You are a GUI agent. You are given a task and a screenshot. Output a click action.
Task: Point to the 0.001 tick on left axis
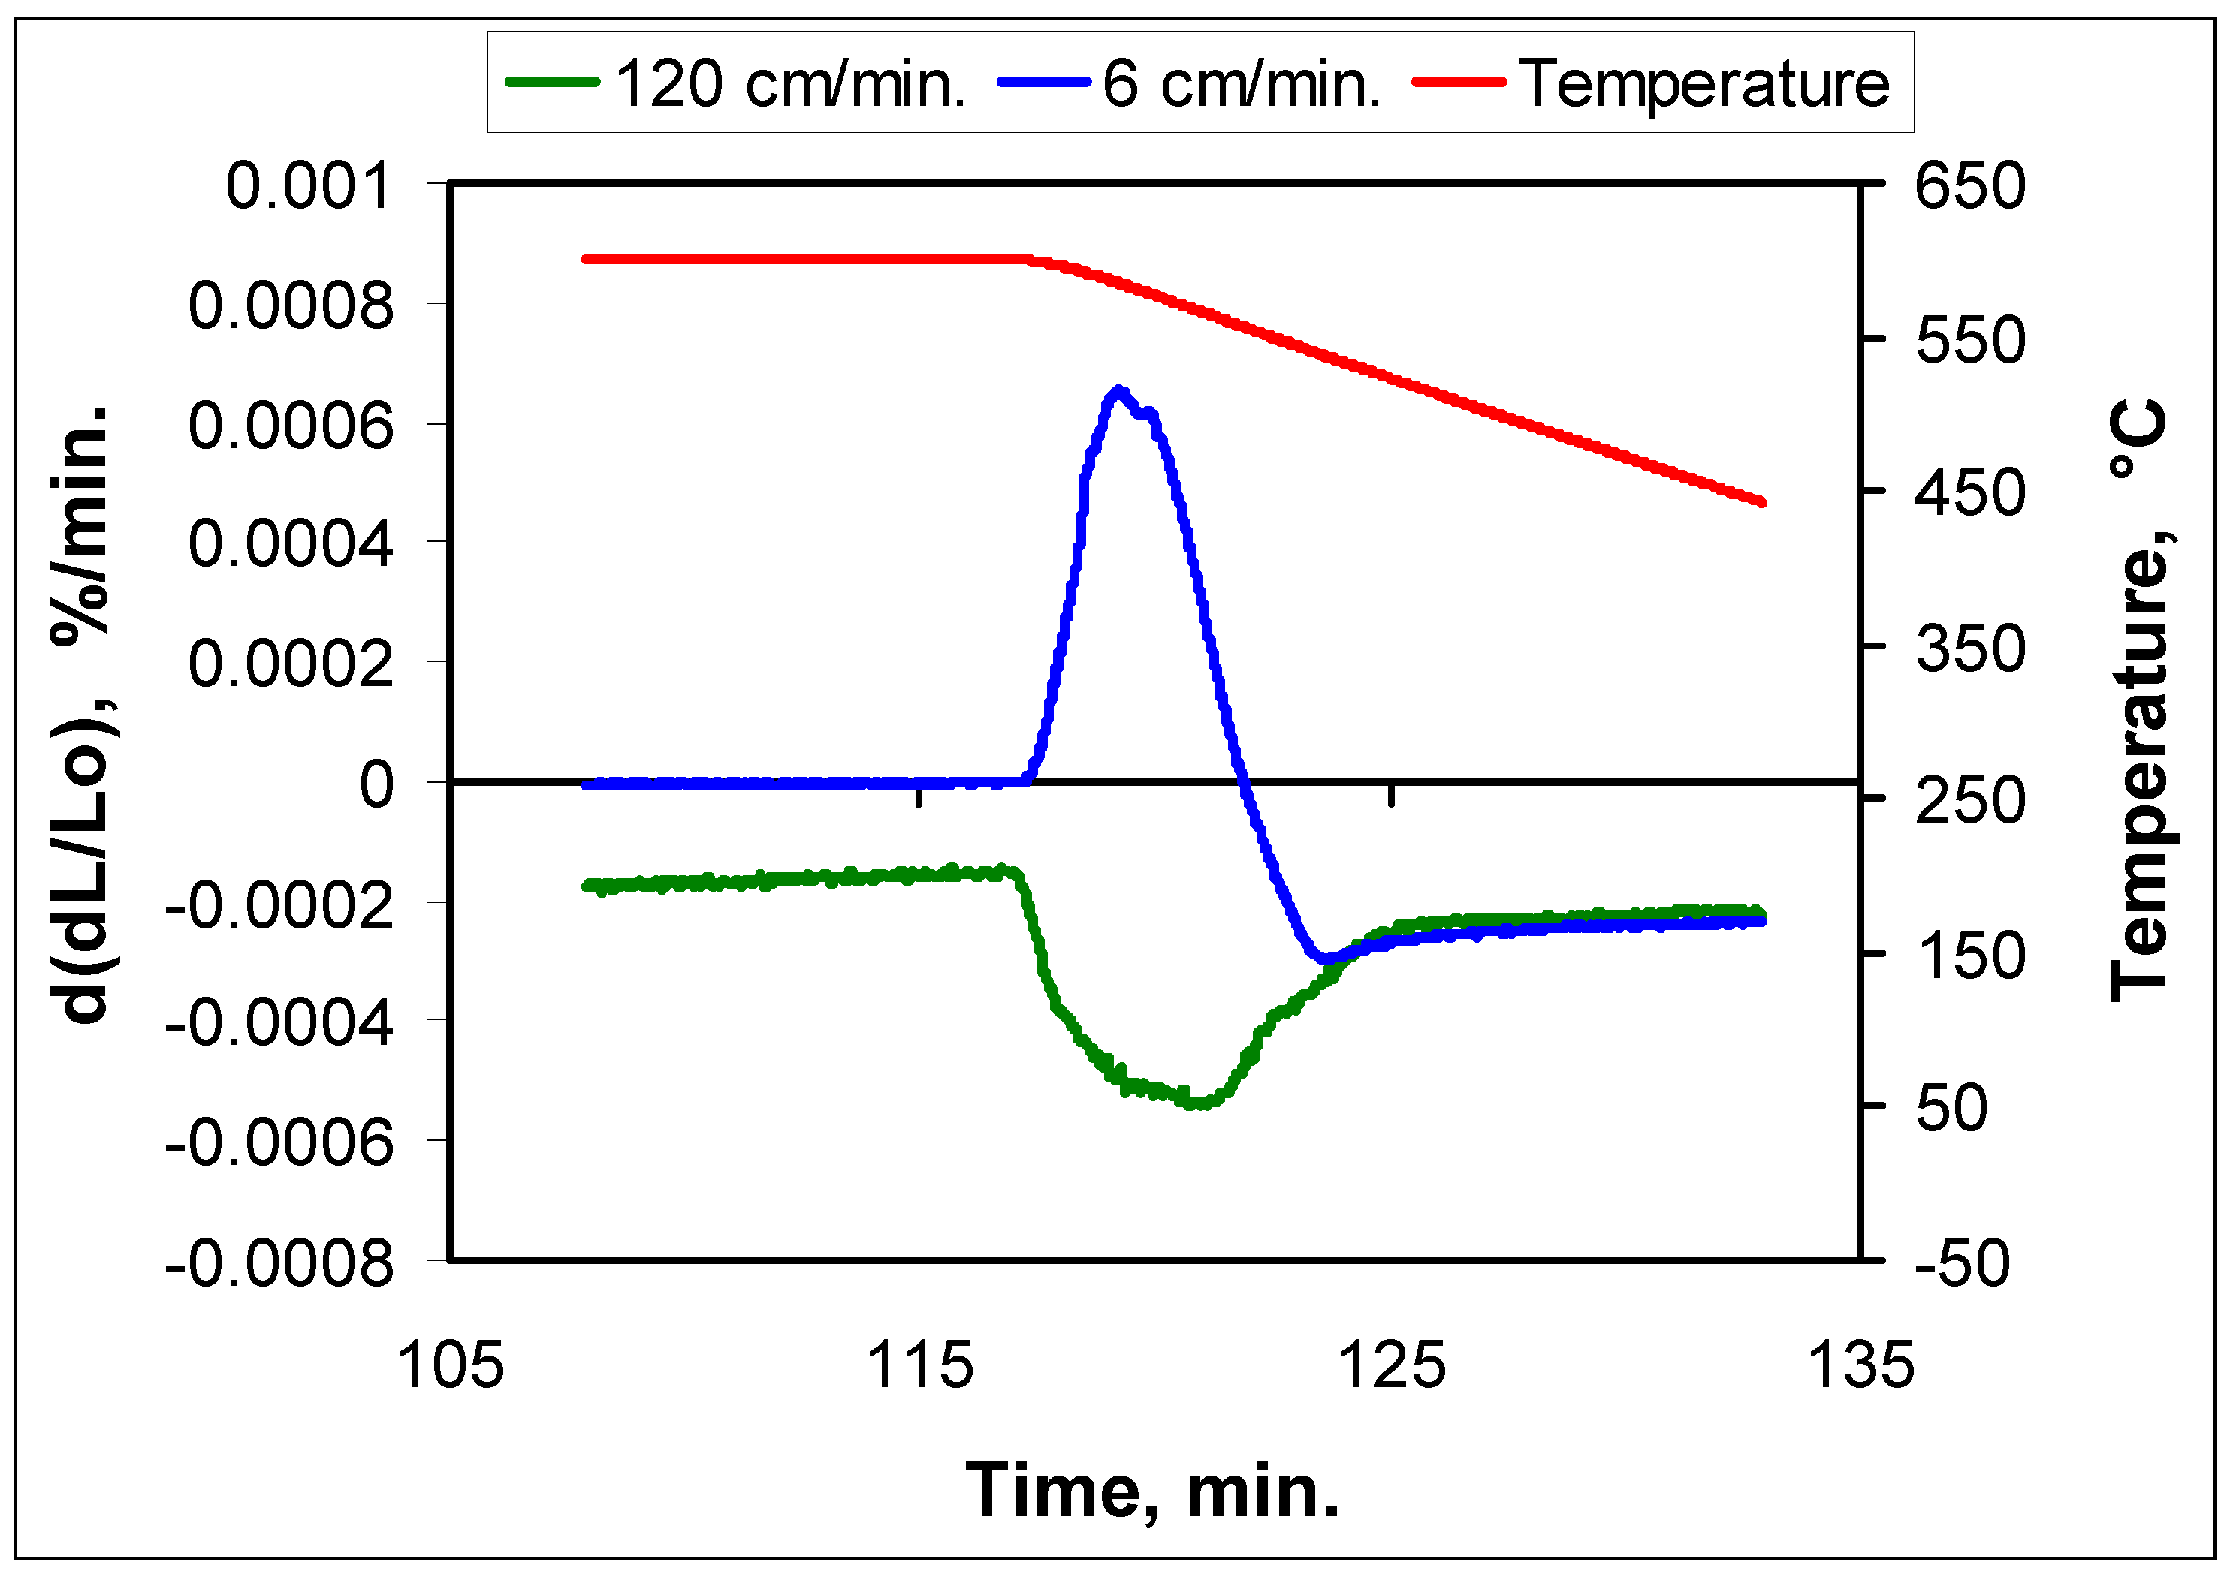[x=309, y=186]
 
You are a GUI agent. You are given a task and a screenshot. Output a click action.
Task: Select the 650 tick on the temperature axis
[x=1969, y=186]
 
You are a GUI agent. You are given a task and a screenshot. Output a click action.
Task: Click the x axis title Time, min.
[x=1153, y=1491]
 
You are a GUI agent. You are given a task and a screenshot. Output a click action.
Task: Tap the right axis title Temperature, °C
[x=2141, y=701]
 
